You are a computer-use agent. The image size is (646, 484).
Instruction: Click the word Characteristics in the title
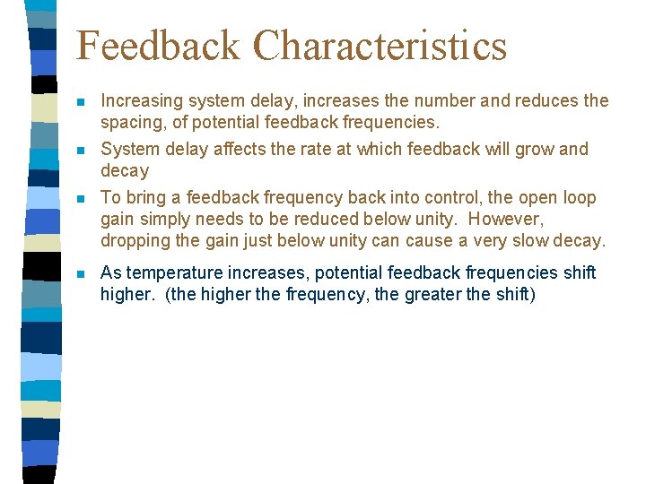(x=380, y=47)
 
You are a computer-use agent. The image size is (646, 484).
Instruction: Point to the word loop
(x=579, y=198)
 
